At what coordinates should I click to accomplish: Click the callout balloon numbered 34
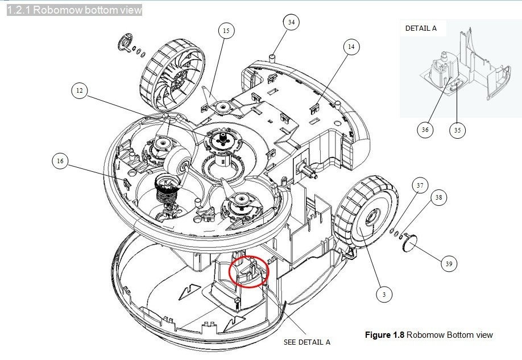click(291, 23)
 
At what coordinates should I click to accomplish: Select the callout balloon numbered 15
click(226, 31)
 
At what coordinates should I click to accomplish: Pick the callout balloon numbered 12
click(80, 90)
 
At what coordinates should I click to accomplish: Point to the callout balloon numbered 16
click(60, 162)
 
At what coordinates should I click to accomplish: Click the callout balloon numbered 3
click(384, 294)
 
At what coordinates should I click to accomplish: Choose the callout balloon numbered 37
click(420, 186)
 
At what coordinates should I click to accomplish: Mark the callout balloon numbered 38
click(438, 198)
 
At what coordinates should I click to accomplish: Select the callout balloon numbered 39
click(449, 264)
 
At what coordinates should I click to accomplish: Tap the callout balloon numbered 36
click(425, 130)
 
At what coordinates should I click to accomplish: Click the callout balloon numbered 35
click(457, 130)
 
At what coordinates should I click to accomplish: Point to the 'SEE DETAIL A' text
click(306, 342)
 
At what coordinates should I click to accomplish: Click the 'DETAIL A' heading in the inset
click(421, 28)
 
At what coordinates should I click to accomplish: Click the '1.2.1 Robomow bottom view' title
click(74, 10)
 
